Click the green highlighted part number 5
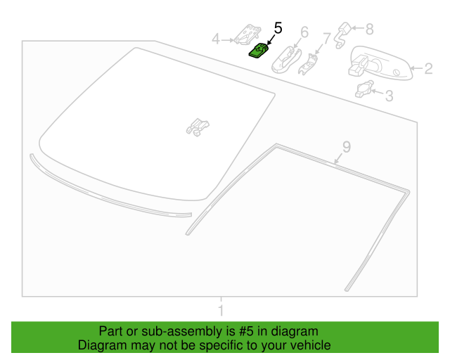pyautogui.click(x=258, y=51)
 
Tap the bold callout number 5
pyautogui.click(x=278, y=28)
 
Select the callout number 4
pyautogui.click(x=216, y=39)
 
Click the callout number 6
pyautogui.click(x=304, y=32)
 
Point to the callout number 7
pyautogui.click(x=327, y=39)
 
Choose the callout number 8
pyautogui.click(x=369, y=30)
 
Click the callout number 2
pyautogui.click(x=428, y=69)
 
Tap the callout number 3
pyautogui.click(x=389, y=96)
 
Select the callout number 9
pyautogui.click(x=347, y=147)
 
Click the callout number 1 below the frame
pyautogui.click(x=221, y=310)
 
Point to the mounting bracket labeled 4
pyautogui.click(x=247, y=34)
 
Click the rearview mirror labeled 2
pyautogui.click(x=380, y=63)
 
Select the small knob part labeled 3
pyautogui.click(x=364, y=89)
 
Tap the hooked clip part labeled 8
pyautogui.click(x=342, y=35)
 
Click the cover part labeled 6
pyautogui.click(x=286, y=60)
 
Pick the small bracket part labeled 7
pyautogui.click(x=308, y=64)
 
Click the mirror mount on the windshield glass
pyautogui.click(x=198, y=127)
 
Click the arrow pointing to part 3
pyautogui.click(x=378, y=92)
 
